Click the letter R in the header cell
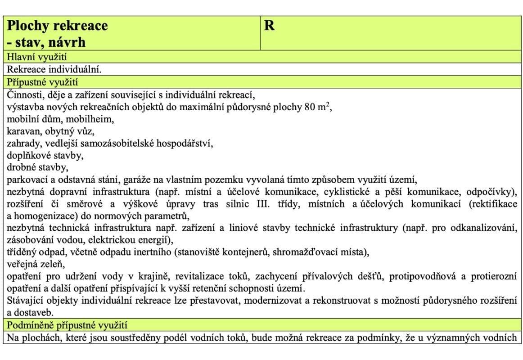click(269, 26)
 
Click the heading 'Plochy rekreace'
click(58, 26)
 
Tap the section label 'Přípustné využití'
click(42, 82)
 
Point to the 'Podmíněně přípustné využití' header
click(68, 325)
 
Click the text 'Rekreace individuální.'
click(54, 70)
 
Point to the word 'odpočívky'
click(491, 192)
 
